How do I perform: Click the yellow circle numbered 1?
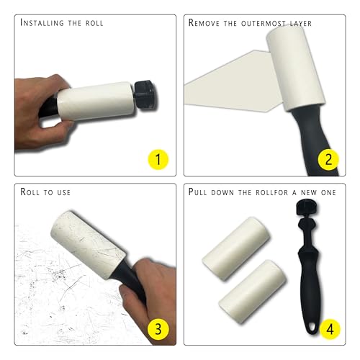158,160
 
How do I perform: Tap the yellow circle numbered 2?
328,160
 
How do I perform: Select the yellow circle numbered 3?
158,329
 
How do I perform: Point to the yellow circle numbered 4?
330,329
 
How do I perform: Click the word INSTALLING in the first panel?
42,23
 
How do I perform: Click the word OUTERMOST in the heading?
264,23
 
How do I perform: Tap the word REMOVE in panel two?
204,23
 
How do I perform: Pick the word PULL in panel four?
197,192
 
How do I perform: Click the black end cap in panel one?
145,95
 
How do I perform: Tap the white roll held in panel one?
96,101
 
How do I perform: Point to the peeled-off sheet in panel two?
230,81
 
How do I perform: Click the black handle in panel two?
312,139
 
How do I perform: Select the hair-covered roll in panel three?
89,245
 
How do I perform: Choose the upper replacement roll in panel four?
236,248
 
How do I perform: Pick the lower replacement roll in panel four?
253,291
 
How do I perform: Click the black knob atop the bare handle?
308,207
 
